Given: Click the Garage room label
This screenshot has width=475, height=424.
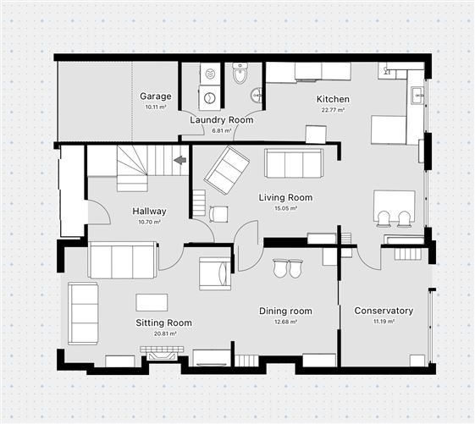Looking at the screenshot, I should [156, 96].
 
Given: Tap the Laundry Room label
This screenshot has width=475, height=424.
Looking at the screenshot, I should [221, 120].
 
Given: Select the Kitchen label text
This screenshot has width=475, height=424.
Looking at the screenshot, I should [334, 99].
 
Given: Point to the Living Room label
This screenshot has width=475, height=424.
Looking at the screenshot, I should [285, 197].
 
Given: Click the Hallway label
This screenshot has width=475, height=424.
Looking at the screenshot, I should [149, 211].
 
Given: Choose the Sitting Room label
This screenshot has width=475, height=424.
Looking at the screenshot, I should [163, 322].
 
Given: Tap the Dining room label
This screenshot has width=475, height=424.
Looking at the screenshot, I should [285, 311].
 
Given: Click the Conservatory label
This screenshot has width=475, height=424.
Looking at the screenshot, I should [384, 311].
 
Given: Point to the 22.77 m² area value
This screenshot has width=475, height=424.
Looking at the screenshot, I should [334, 109].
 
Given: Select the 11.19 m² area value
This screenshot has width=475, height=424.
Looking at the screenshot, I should [384, 322].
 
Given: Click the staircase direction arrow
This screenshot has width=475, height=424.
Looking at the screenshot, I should [180, 159].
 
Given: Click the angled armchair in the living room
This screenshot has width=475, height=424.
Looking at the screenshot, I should [226, 169].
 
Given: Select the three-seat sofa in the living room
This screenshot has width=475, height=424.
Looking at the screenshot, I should [294, 162].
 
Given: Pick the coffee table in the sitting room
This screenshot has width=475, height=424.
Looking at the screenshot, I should [152, 302].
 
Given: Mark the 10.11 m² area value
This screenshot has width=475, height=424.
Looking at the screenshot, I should [156, 107].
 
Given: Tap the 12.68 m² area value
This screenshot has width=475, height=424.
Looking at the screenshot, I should [285, 322].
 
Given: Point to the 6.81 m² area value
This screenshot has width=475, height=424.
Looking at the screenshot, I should [221, 130].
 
